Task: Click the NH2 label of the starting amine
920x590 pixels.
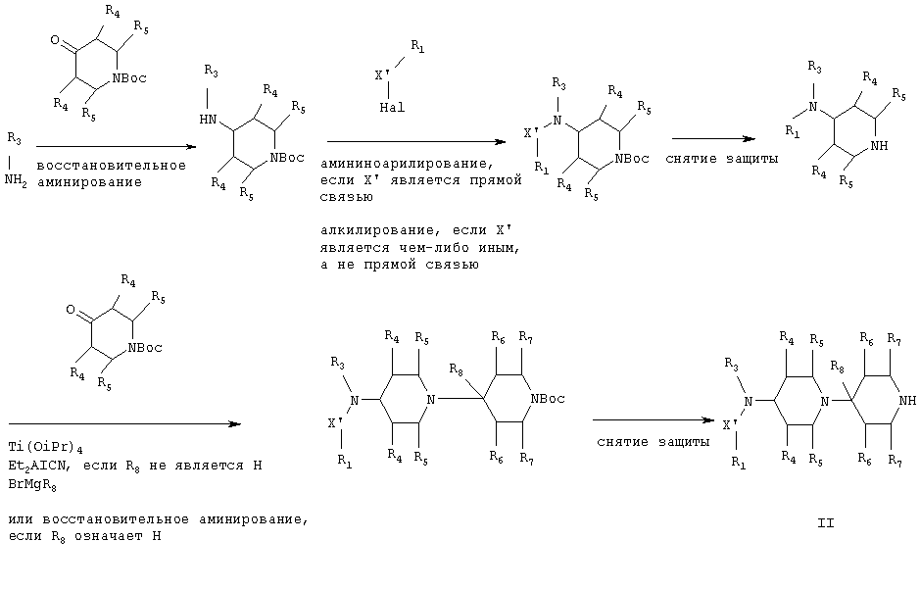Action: pos(16,180)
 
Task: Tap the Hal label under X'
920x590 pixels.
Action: pos(392,108)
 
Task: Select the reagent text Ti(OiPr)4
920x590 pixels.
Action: pos(46,448)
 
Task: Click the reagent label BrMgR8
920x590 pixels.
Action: pos(32,486)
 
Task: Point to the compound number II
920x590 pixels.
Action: pos(826,522)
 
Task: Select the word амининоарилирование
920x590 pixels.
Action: pos(403,163)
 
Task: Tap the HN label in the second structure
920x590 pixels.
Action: pos(208,120)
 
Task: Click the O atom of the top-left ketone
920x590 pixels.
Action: pos(55,40)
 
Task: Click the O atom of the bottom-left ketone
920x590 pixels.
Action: pos(71,310)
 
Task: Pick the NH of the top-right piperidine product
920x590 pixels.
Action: pos(880,146)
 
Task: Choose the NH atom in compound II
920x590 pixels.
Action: pos(907,401)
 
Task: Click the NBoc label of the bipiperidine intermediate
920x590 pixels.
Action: pos(548,399)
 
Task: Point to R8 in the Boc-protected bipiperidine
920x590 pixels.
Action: pos(456,369)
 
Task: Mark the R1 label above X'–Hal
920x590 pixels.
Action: pos(417,46)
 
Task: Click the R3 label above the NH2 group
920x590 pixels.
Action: pos(14,139)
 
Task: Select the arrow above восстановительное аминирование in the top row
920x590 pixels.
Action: pos(116,147)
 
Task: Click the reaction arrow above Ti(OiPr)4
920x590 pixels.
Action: pos(125,423)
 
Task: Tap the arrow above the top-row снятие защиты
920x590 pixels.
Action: pos(713,139)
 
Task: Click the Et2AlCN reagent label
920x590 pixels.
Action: pos(40,467)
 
